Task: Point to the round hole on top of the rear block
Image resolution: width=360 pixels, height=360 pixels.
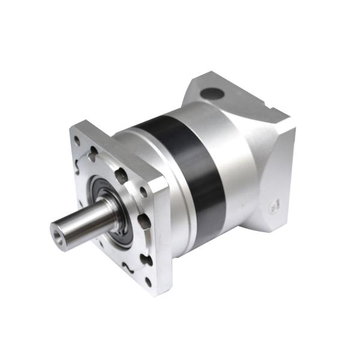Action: click(x=212, y=94)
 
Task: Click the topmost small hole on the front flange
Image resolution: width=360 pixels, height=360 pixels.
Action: click(x=77, y=142)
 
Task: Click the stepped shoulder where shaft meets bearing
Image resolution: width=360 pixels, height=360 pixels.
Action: click(x=111, y=210)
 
